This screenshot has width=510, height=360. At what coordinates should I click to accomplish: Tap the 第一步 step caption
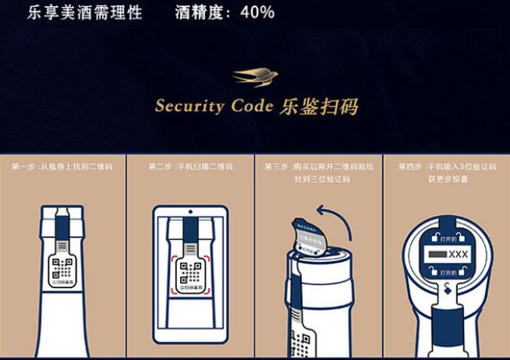(62, 167)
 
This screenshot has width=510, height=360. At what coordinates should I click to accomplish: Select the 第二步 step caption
(190, 167)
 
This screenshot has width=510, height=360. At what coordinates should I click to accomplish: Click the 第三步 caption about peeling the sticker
(318, 172)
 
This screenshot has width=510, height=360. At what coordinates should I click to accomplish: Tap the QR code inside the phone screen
(190, 272)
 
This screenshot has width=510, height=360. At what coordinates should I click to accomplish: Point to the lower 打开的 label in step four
(446, 272)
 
